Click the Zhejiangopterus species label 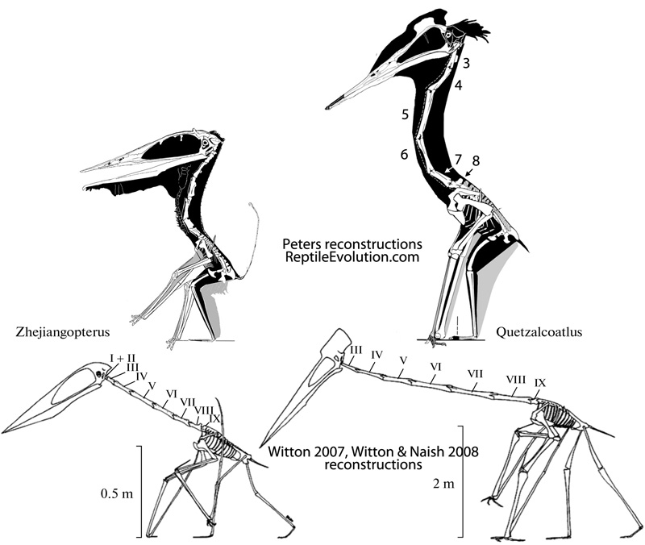[63, 331]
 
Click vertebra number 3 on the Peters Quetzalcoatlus [467, 62]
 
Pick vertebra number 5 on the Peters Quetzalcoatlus [406, 114]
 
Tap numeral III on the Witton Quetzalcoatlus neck [356, 348]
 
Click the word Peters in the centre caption [304, 243]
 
